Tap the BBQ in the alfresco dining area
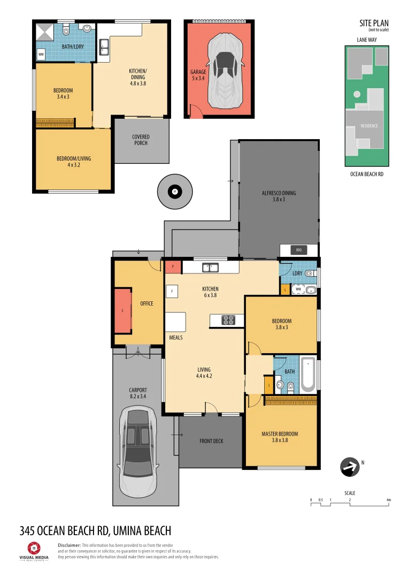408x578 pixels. [x=298, y=250]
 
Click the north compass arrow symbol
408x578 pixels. [x=350, y=467]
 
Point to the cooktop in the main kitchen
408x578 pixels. [x=228, y=320]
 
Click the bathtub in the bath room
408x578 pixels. [x=308, y=375]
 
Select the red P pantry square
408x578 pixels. [x=173, y=267]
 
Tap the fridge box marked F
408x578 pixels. [x=172, y=291]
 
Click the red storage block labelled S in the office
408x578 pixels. [x=123, y=310]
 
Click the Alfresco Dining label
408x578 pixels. [x=279, y=196]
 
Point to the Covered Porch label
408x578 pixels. [x=141, y=140]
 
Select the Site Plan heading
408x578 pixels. [x=374, y=23]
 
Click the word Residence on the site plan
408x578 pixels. [x=369, y=126]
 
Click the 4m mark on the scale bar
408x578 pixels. [x=389, y=500]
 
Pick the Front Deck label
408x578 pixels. [x=211, y=441]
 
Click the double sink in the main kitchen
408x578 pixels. [x=210, y=267]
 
